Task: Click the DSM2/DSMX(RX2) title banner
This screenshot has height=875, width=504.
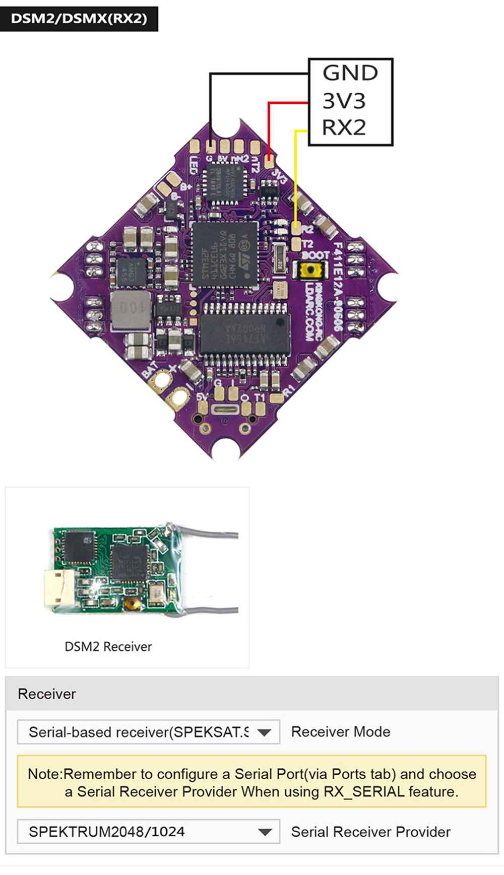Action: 79,19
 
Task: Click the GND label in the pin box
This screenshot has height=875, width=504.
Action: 350,73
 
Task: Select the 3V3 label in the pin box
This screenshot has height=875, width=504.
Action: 344,101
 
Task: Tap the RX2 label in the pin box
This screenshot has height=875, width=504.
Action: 344,127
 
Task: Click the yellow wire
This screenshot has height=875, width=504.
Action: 295,176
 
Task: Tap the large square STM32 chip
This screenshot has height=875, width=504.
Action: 225,254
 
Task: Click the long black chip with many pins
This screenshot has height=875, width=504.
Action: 245,333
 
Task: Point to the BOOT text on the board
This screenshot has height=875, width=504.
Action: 315,256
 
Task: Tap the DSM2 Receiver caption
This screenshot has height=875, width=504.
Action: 108,647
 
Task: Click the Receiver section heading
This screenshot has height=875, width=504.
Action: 47,694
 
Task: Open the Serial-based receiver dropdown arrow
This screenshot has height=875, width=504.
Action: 265,732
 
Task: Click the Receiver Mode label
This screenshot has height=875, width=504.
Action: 341,732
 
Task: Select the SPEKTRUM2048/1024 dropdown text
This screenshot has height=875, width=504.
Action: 107,832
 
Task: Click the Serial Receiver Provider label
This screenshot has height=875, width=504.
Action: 371,832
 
